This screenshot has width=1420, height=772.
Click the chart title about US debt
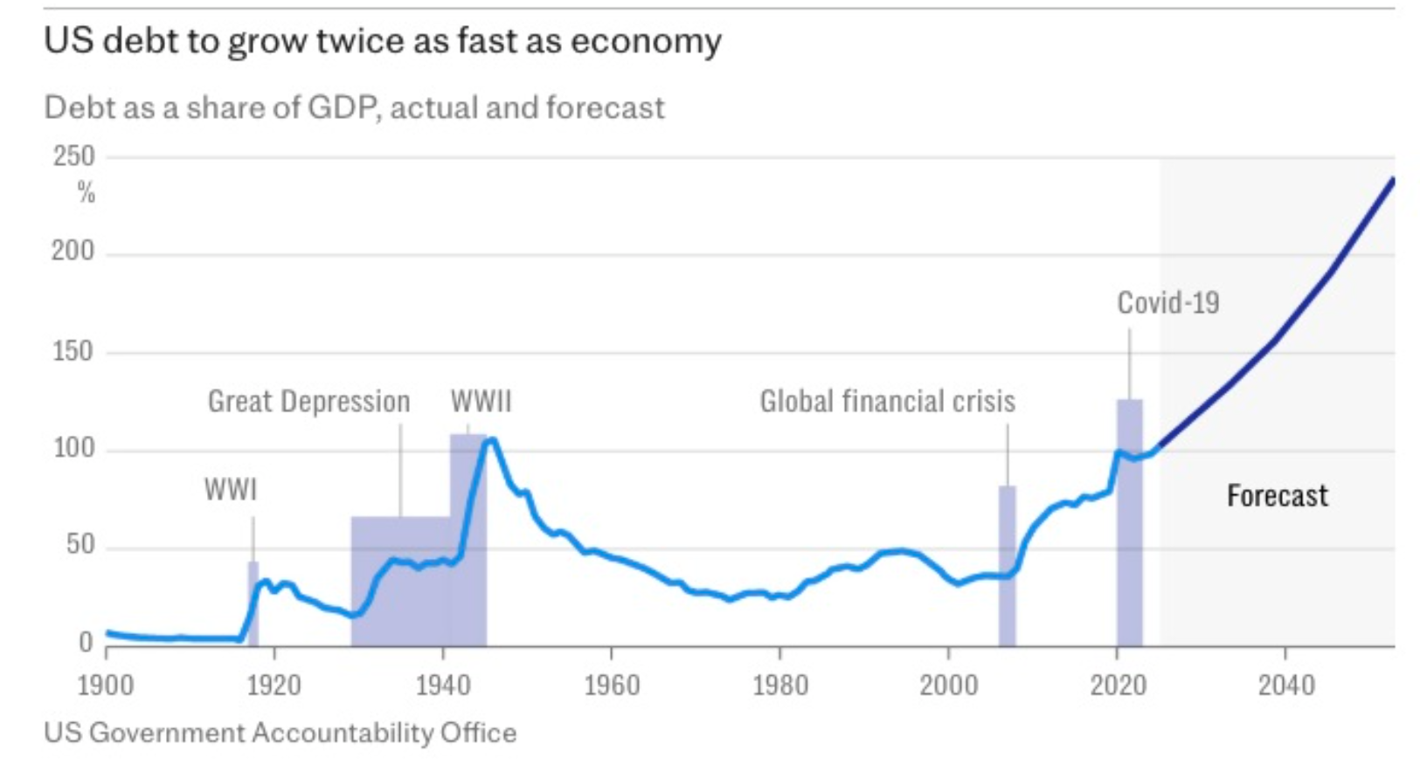click(x=383, y=41)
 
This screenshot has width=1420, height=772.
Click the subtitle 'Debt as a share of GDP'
click(x=354, y=107)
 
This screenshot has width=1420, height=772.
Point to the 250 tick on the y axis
click(x=73, y=156)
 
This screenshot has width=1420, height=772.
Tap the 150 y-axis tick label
click(x=72, y=351)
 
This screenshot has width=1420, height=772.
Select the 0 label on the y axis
click(x=86, y=643)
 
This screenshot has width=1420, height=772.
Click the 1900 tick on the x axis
click(x=106, y=685)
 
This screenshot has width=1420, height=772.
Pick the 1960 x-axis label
click(x=612, y=685)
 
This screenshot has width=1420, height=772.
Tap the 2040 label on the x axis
click(x=1285, y=685)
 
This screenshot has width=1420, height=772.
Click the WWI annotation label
click(x=231, y=490)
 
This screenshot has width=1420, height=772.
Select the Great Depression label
click(x=308, y=402)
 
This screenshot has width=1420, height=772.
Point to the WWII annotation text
click(x=481, y=402)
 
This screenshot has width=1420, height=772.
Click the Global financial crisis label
click(x=887, y=402)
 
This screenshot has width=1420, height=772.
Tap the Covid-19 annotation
click(x=1168, y=303)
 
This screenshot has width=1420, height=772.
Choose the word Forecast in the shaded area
click(x=1277, y=496)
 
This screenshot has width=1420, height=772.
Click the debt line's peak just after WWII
click(x=492, y=440)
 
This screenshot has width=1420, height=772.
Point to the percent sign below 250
click(x=86, y=192)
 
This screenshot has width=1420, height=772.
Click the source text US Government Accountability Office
click(x=281, y=732)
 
